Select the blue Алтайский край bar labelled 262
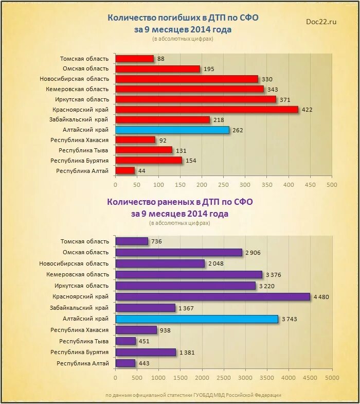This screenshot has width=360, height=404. click(172, 130)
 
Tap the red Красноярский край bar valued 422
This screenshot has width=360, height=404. click(207, 110)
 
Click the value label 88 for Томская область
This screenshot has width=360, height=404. click(160, 59)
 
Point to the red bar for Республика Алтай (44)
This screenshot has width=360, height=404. click(125, 170)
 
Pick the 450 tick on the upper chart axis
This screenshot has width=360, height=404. click(310, 185)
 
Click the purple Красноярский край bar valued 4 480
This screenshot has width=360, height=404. click(213, 297)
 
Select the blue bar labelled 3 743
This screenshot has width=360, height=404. click(197, 319)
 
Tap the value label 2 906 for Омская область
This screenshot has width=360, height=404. click(254, 253)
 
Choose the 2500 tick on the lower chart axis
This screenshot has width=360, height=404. click(224, 377)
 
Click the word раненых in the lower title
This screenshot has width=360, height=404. click(174, 202)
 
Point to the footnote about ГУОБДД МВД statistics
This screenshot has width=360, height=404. click(193, 395)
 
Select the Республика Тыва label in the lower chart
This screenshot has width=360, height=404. click(84, 341)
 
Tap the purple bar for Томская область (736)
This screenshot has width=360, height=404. click(132, 241)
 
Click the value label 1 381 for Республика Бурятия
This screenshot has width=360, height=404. click(187, 353)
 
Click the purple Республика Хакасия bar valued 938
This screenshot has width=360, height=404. click(136, 330)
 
